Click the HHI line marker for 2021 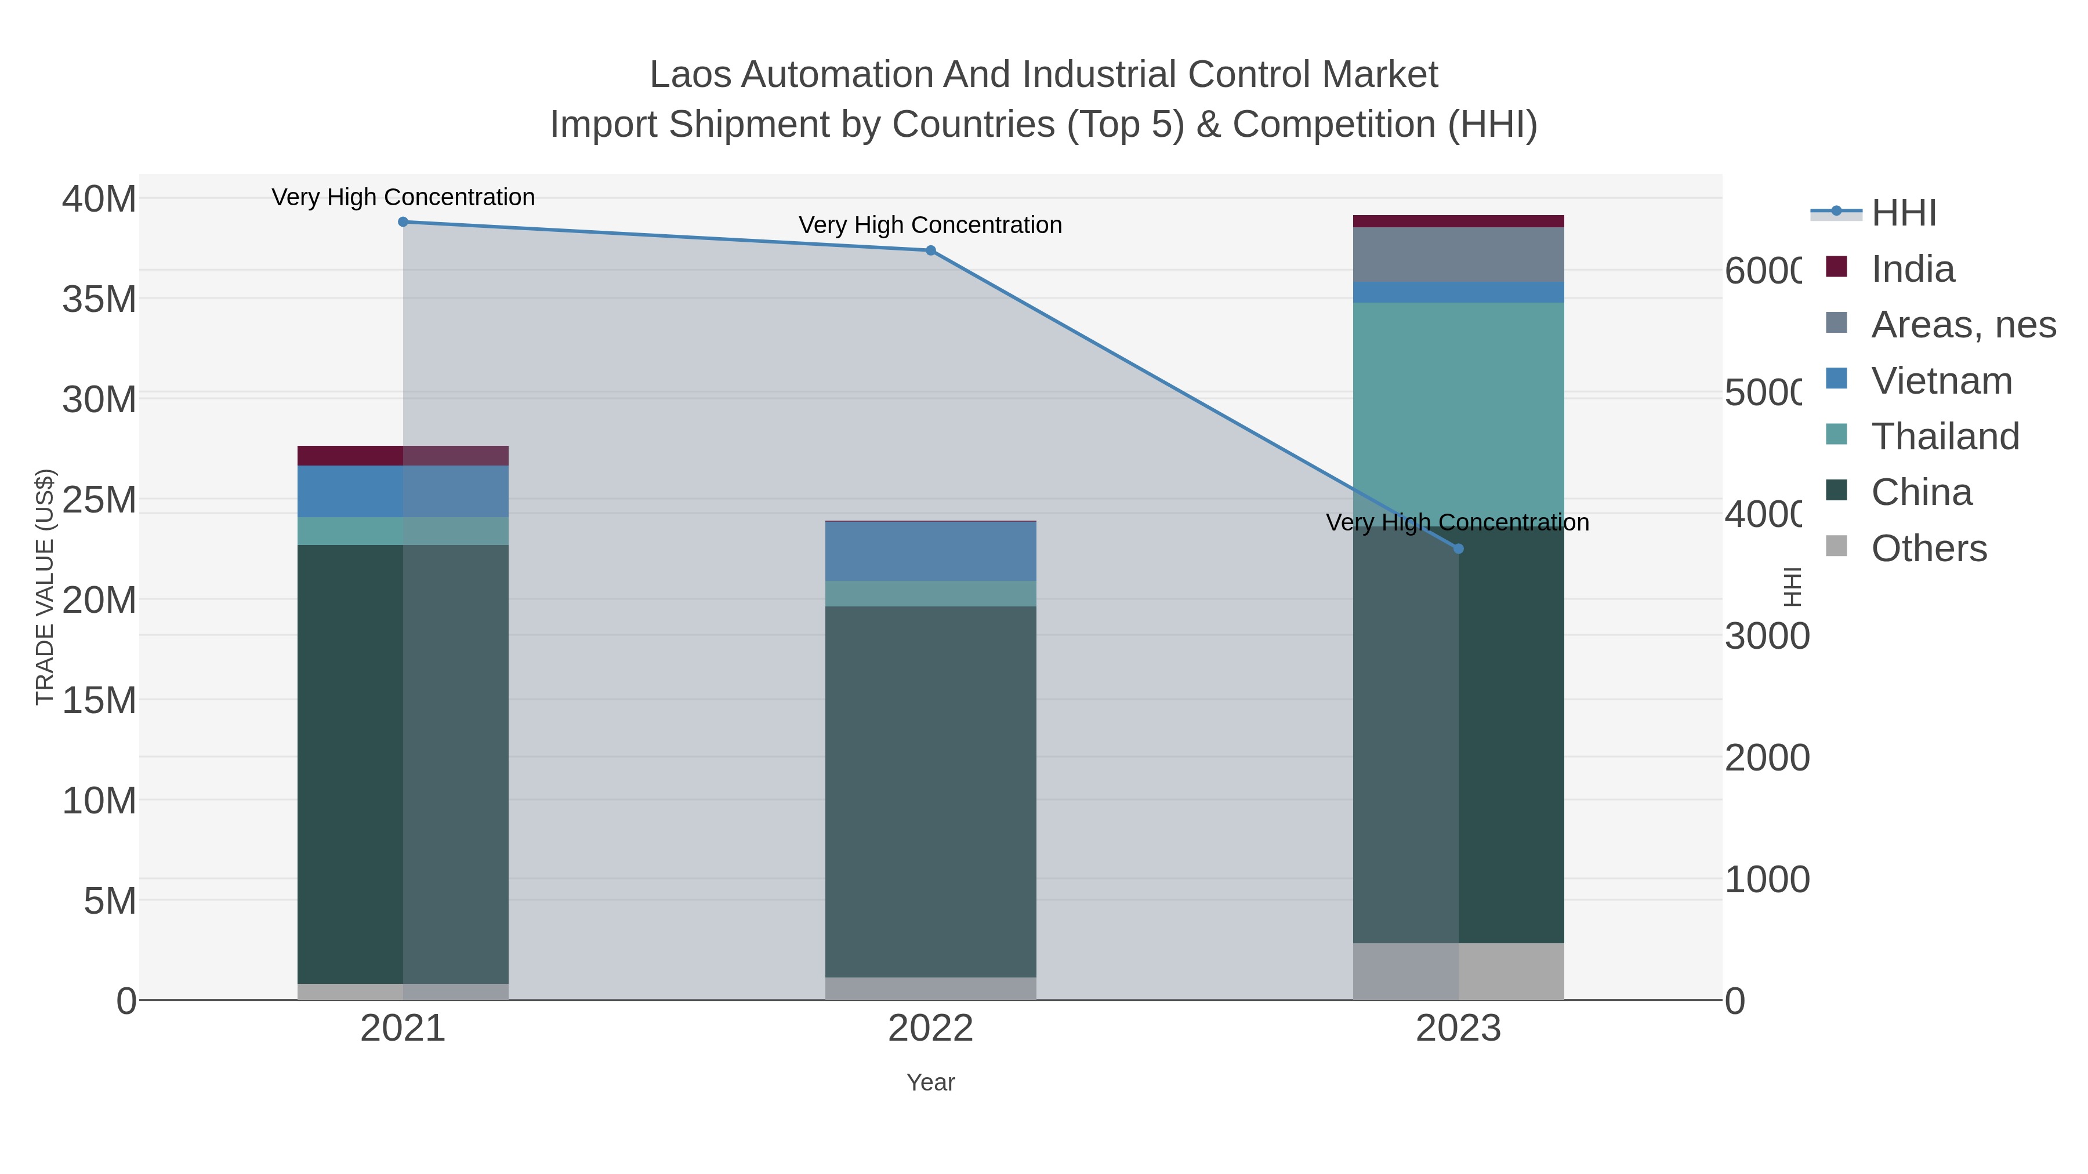pyautogui.click(x=403, y=222)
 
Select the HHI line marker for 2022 pyautogui.click(x=930, y=250)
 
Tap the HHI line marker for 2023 pyautogui.click(x=1458, y=548)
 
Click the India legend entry pyautogui.click(x=1912, y=269)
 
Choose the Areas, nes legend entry pyautogui.click(x=1962, y=325)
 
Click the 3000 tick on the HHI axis pyautogui.click(x=1766, y=637)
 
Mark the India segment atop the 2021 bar pyautogui.click(x=403, y=455)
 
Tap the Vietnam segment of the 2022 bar pyautogui.click(x=930, y=551)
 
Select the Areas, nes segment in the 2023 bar pyautogui.click(x=1458, y=255)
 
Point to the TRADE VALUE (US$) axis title pyautogui.click(x=45, y=587)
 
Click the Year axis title pyautogui.click(x=930, y=1082)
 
